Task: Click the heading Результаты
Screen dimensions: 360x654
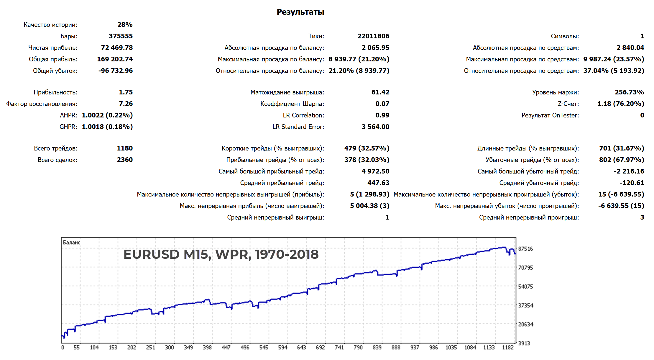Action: click(x=300, y=12)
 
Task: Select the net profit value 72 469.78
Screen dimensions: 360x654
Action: click(x=117, y=48)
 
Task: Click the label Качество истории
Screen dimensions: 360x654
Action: click(x=50, y=25)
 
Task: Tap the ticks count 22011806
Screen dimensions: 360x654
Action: click(x=373, y=36)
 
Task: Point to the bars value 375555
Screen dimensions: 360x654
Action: click(x=121, y=36)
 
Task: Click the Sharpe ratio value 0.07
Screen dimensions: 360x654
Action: click(x=382, y=104)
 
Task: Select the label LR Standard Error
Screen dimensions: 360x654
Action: click(x=298, y=127)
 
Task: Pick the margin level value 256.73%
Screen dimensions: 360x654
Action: click(x=629, y=92)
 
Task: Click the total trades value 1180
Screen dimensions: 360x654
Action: click(x=125, y=148)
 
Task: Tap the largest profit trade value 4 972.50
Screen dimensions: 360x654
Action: click(x=375, y=171)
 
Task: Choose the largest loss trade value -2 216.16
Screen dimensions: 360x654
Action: click(x=629, y=171)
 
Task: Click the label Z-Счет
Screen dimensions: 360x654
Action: click(x=568, y=104)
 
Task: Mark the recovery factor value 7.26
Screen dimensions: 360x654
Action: click(x=126, y=104)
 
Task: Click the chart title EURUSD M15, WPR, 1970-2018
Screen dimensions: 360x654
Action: click(x=221, y=254)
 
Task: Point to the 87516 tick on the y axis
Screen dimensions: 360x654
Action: click(x=525, y=249)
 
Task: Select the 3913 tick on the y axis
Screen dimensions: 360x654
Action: click(x=524, y=343)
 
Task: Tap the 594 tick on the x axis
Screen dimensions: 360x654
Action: click(x=282, y=348)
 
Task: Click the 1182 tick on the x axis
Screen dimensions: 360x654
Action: click(x=508, y=348)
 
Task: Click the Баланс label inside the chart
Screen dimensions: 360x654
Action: click(x=71, y=243)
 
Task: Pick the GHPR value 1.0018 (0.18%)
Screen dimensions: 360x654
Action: click(x=107, y=127)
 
